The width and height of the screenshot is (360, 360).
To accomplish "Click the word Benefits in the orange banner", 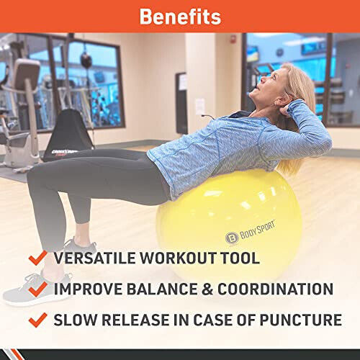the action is click(180, 17).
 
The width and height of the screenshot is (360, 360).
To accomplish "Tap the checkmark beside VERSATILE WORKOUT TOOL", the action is click(37, 258).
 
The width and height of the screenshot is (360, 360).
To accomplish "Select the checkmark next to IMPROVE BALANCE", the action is click(37, 289).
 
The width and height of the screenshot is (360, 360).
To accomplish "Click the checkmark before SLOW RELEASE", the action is click(37, 320).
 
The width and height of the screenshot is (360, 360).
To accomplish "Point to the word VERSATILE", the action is click(95, 258).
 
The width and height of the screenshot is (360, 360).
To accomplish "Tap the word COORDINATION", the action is click(275, 289).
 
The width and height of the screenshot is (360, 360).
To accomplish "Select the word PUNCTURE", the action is click(301, 320).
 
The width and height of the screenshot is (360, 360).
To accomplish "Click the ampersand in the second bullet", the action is click(207, 289).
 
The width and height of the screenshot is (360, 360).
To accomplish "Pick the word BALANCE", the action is click(162, 289).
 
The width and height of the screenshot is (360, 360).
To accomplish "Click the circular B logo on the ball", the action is click(232, 238).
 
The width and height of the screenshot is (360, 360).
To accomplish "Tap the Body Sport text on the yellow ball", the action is click(257, 230).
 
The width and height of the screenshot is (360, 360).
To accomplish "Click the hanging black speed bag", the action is click(86, 60).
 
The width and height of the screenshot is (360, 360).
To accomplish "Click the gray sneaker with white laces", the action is click(37, 288).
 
